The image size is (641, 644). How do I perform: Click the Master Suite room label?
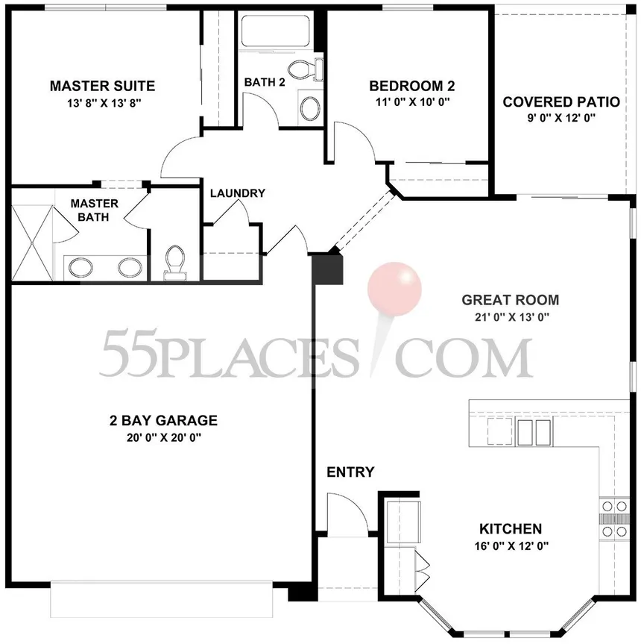103,86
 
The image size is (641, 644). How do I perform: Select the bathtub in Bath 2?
276,31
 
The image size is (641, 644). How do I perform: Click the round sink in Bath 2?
311,108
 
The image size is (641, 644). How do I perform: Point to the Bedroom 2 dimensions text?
413,101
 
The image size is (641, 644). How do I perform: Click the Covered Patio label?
561,101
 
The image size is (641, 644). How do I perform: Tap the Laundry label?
238,193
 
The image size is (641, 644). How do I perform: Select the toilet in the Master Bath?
174,263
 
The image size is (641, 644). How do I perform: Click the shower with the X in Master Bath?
32,243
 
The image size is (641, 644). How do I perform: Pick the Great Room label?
510,300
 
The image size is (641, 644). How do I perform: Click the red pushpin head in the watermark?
394,289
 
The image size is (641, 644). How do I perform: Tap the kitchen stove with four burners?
614,519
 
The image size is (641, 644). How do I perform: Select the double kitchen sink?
533,433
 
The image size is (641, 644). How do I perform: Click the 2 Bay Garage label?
163,420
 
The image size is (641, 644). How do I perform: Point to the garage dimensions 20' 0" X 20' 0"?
164,438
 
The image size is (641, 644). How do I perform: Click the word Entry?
350,472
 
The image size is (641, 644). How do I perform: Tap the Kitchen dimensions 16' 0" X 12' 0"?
511,545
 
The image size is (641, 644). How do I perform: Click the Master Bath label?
95,210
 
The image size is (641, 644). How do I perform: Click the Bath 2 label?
265,82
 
